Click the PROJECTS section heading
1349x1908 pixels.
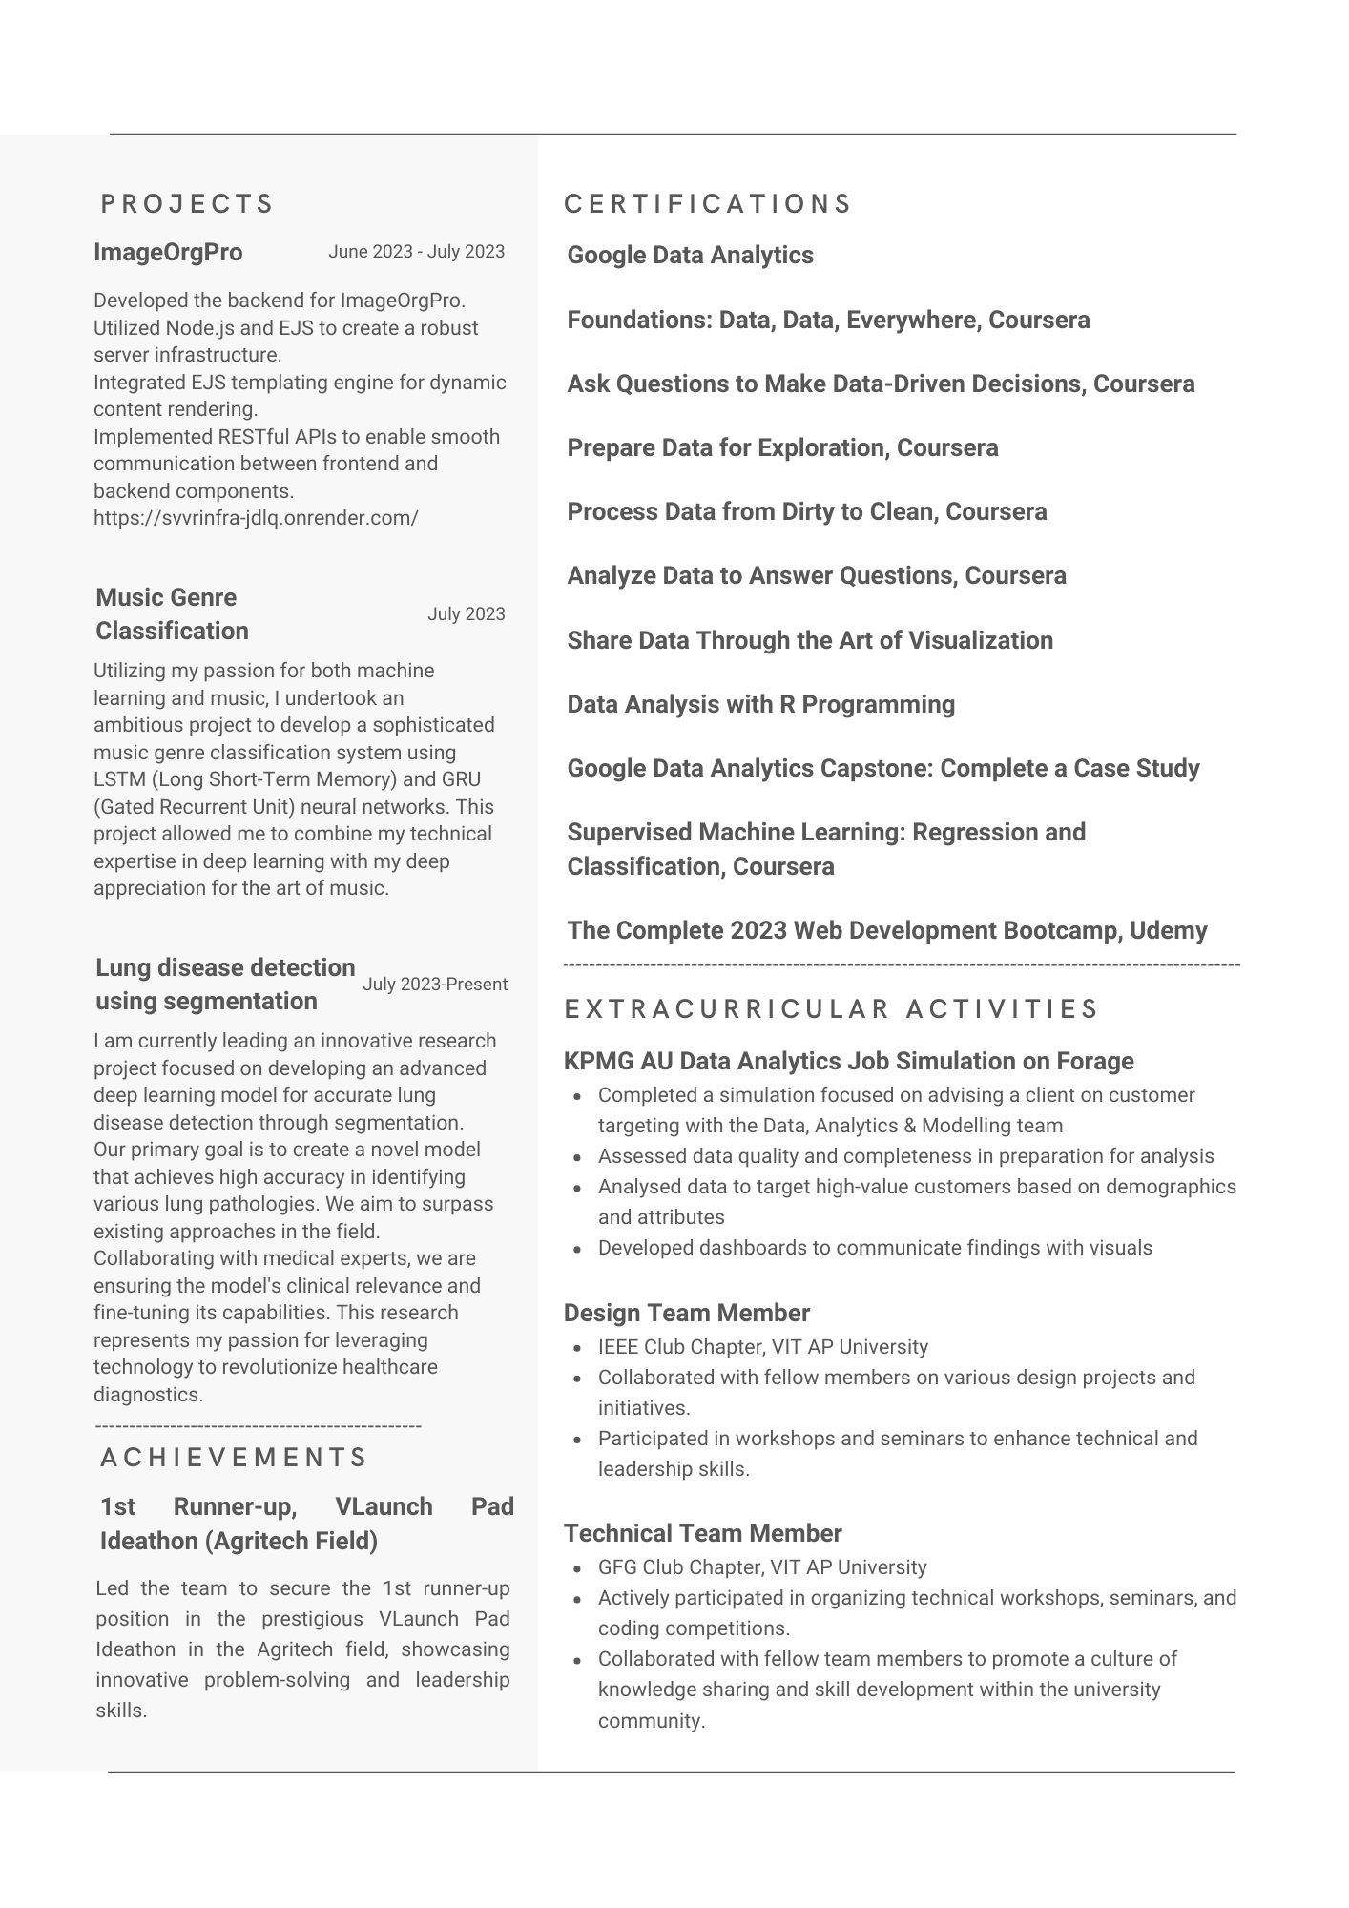point(187,204)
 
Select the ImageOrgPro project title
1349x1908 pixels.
point(168,253)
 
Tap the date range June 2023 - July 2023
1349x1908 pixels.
point(416,252)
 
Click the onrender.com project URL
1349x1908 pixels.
point(256,518)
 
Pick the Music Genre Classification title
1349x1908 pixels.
point(172,614)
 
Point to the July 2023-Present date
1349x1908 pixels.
point(435,985)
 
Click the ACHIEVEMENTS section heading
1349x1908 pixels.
point(234,1458)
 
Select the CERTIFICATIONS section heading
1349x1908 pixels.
point(708,204)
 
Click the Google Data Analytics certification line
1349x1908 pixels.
point(690,256)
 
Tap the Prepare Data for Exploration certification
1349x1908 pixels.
point(782,448)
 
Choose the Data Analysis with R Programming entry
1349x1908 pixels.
point(760,705)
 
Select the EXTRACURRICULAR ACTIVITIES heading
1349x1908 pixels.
point(831,1009)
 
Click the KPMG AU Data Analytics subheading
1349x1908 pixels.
point(848,1062)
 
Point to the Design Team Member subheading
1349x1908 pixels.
point(686,1314)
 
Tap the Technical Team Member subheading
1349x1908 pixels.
point(702,1534)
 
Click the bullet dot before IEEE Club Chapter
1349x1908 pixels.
point(578,1349)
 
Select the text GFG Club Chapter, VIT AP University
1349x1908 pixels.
point(762,1567)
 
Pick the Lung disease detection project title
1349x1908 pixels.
point(225,985)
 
